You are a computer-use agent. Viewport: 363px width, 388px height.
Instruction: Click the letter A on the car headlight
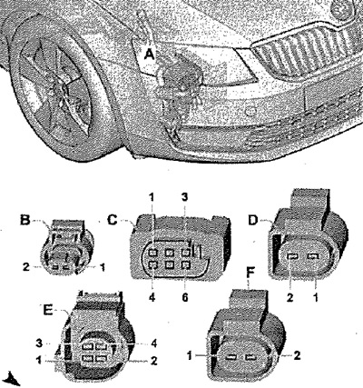[x=150, y=55]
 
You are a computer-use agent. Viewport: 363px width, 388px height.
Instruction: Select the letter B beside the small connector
[x=25, y=220]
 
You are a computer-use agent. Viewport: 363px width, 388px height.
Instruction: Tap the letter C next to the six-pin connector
[x=113, y=220]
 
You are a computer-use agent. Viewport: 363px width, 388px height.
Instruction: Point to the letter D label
[x=253, y=221]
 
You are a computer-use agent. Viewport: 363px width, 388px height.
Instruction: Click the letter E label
[x=48, y=310]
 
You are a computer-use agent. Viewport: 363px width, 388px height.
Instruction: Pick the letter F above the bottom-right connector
[x=250, y=273]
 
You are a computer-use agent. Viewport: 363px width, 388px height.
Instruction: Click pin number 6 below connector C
[x=185, y=297]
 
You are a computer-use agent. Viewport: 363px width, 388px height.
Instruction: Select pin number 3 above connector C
[x=185, y=197]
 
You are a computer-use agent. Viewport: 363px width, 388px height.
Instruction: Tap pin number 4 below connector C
[x=152, y=297]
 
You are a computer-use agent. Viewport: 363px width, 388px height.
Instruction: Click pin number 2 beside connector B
[x=26, y=267]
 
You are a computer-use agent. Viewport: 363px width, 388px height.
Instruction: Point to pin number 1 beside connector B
[x=103, y=267]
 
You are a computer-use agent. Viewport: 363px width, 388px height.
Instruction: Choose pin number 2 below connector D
[x=289, y=298]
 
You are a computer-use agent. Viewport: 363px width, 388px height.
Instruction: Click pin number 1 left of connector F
[x=190, y=355]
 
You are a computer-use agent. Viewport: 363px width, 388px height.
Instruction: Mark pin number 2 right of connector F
[x=298, y=355]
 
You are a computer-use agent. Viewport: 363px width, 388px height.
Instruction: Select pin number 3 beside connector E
[x=39, y=343]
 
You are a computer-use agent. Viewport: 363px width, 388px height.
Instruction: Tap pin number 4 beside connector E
[x=154, y=343]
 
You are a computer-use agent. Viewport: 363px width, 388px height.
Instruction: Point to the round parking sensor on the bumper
[x=250, y=112]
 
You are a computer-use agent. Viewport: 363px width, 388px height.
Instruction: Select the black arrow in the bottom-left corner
[x=12, y=379]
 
